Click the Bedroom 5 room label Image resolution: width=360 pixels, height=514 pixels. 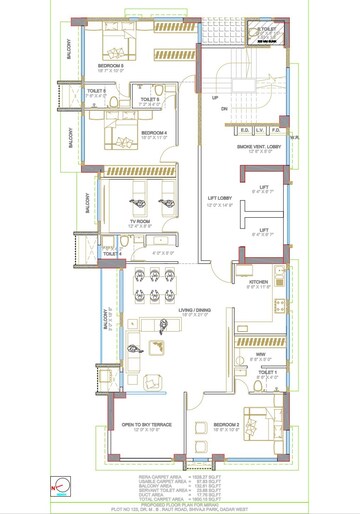[x=109, y=66]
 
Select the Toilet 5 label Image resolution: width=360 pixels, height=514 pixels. [x=150, y=99]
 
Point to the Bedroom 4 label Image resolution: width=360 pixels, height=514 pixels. [x=153, y=132]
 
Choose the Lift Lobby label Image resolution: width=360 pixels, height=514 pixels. [x=221, y=201]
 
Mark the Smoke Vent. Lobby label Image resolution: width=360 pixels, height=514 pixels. [x=258, y=146]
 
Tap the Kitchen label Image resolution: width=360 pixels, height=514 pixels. [x=258, y=283]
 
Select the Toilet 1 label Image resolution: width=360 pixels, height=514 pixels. [x=267, y=373]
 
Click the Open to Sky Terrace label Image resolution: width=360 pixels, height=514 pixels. [x=147, y=424]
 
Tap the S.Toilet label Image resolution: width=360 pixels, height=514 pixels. [x=266, y=30]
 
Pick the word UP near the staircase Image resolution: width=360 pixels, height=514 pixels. [x=213, y=97]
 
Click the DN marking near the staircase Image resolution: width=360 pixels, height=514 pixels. [x=224, y=108]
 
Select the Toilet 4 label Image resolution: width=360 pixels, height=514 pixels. [x=111, y=253]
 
